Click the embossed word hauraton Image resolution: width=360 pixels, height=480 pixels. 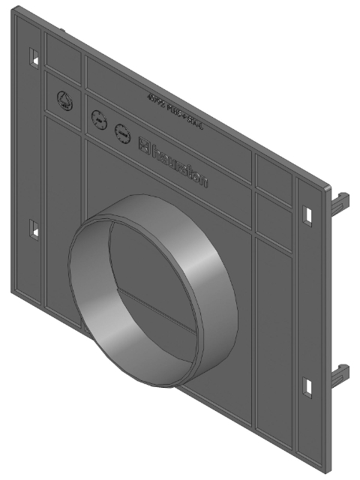click(x=181, y=165)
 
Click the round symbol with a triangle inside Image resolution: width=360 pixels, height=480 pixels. click(x=64, y=99)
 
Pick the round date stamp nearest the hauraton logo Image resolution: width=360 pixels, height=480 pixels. click(x=121, y=133)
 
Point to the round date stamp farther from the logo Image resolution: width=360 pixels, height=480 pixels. click(x=97, y=118)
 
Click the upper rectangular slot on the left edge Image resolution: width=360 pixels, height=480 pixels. click(x=33, y=56)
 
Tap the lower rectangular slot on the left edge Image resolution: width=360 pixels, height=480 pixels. click(x=33, y=229)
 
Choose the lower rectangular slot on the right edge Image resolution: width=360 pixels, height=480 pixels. click(x=307, y=386)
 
